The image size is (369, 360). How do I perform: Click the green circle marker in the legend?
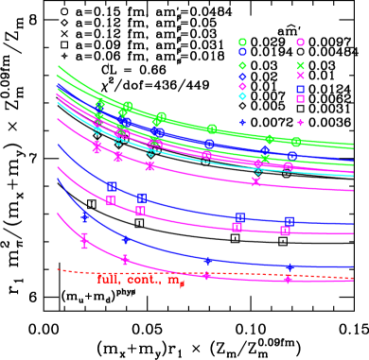(x=242, y=42)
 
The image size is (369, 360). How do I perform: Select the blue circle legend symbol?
(x=242, y=53)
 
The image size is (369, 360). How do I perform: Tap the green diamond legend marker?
(x=242, y=65)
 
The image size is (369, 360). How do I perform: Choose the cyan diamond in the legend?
(x=242, y=96)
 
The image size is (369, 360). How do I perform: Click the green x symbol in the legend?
(x=300, y=65)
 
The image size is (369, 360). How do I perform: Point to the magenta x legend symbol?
(x=300, y=76)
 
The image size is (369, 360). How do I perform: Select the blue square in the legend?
(x=300, y=89)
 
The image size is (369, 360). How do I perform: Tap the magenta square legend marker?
(x=300, y=98)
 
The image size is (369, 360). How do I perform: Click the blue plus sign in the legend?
(x=242, y=122)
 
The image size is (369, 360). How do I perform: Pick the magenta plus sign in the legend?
(x=300, y=122)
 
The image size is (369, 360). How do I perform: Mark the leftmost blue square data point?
(x=112, y=186)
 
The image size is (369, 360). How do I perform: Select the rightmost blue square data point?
(x=290, y=221)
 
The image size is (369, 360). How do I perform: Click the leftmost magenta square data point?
(x=111, y=200)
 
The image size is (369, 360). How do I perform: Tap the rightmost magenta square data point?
(x=285, y=231)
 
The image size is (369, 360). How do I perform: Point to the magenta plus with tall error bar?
(x=84, y=241)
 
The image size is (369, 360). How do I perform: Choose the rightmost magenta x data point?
(x=255, y=181)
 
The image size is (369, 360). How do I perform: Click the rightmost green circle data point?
(x=296, y=142)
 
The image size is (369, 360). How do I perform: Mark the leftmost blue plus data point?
(x=84, y=218)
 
